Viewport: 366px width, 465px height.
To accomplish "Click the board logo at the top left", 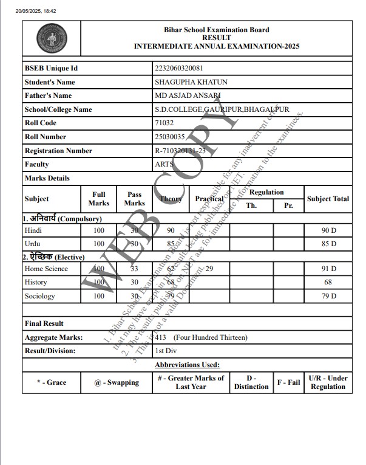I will coord(48,38).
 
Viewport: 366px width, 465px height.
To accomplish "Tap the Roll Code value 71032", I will coord(164,123).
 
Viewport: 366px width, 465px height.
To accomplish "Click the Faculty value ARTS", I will coord(164,164).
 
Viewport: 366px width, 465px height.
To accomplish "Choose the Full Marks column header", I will coord(98,199).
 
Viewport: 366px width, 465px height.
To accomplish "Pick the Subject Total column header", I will coord(328,199).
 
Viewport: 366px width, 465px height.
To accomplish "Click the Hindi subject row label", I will coord(33,231).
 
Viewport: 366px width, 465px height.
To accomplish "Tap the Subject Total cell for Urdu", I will coord(328,244).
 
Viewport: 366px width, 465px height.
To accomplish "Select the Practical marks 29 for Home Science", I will coord(209,269).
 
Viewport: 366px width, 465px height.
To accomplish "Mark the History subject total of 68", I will coord(328,283).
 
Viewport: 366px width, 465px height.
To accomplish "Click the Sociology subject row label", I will coord(39,296).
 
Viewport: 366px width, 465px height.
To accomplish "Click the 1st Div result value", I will coord(166,351).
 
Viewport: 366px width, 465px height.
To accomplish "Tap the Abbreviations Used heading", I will coord(187,365).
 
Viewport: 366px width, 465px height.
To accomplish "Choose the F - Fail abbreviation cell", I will coord(289,382).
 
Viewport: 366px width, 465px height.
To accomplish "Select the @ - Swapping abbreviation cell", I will coord(117,382).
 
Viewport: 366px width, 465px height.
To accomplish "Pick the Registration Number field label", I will coord(58,151).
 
